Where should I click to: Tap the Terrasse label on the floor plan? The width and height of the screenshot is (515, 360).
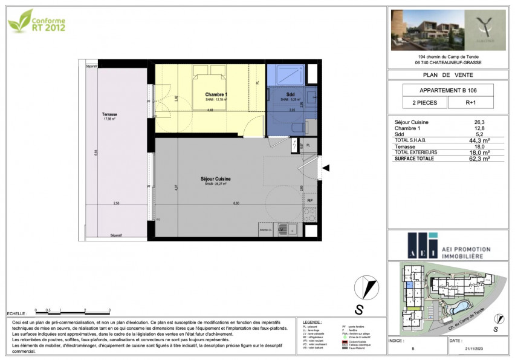coord(109,114)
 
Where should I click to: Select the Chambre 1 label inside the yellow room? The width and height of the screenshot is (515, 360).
coord(216,95)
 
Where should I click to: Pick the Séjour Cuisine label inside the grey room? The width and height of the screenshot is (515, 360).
coord(216,179)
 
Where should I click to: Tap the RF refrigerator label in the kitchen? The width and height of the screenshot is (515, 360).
coord(309,200)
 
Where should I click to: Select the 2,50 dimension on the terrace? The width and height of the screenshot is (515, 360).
coord(116,203)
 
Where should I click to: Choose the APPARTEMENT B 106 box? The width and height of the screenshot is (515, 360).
coord(447,90)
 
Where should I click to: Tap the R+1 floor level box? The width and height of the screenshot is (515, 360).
coord(470,103)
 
